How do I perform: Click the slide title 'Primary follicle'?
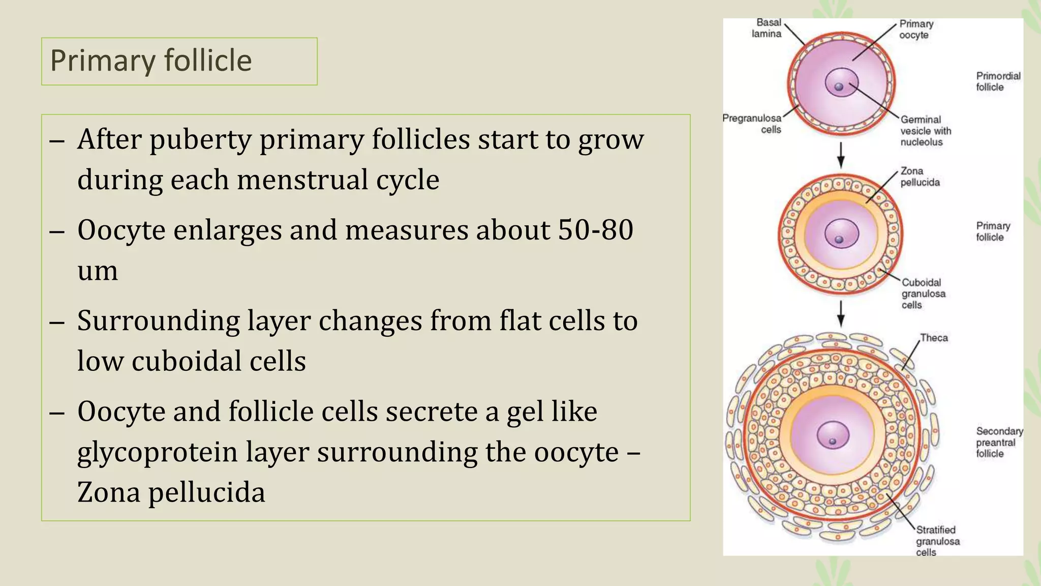[151, 61]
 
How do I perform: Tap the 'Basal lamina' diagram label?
[767, 28]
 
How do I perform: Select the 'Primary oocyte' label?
[916, 30]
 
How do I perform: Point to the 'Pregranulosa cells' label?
[752, 124]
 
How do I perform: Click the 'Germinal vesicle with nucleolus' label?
[925, 131]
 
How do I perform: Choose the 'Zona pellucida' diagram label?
[920, 177]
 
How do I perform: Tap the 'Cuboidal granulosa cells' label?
[923, 294]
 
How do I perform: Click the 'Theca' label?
[934, 338]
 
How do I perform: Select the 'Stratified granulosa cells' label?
[937, 541]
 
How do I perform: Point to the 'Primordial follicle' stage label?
[998, 81]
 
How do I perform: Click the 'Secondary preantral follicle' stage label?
[999, 442]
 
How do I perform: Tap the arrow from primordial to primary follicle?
[841, 155]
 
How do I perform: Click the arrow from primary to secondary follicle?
[841, 313]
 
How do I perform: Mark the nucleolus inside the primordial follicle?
[839, 87]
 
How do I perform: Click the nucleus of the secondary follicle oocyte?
[833, 435]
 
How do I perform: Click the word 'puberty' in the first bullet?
[200, 139]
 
